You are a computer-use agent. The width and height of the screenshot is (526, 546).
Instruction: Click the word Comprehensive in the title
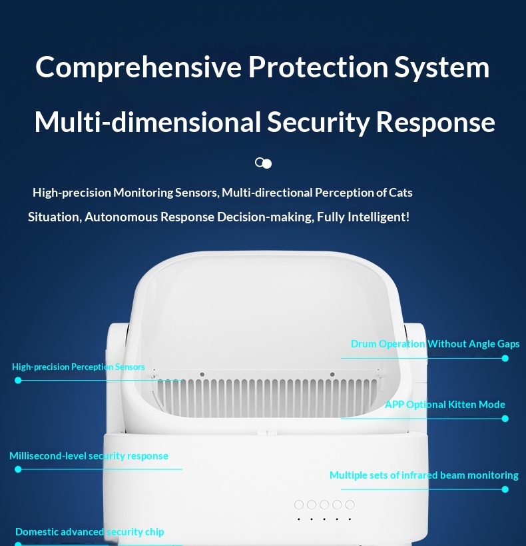tap(138, 67)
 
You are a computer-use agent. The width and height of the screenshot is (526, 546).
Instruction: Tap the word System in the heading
tap(441, 67)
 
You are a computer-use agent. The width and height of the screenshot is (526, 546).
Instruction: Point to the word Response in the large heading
tap(435, 123)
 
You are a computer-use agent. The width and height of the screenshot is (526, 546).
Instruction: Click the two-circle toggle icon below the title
tap(263, 163)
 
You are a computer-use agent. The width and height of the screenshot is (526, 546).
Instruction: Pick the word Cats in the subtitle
tap(400, 193)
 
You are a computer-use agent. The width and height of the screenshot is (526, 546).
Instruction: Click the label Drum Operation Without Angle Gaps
tap(435, 344)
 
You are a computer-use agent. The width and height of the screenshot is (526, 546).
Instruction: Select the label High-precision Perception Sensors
tap(79, 367)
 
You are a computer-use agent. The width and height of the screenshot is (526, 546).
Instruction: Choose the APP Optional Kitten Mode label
tap(445, 405)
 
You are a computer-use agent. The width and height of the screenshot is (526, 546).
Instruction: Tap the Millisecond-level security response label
tap(89, 456)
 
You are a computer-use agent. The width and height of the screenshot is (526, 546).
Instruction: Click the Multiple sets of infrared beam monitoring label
tap(424, 475)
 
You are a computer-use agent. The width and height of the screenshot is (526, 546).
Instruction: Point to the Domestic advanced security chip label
tap(90, 532)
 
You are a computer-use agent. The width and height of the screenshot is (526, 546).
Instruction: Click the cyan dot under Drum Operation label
tap(505, 358)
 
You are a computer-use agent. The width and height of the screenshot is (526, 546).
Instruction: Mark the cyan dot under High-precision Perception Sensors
tap(18, 381)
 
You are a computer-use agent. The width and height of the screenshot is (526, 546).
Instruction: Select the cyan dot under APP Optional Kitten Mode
tap(505, 419)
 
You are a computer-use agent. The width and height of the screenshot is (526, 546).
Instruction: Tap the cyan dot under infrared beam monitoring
tap(505, 489)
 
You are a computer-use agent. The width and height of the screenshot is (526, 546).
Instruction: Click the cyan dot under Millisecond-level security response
tap(18, 469)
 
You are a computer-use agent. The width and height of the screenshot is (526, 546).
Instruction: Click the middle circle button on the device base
tap(324, 505)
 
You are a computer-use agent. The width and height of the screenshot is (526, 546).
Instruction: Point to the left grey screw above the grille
tap(202, 375)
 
